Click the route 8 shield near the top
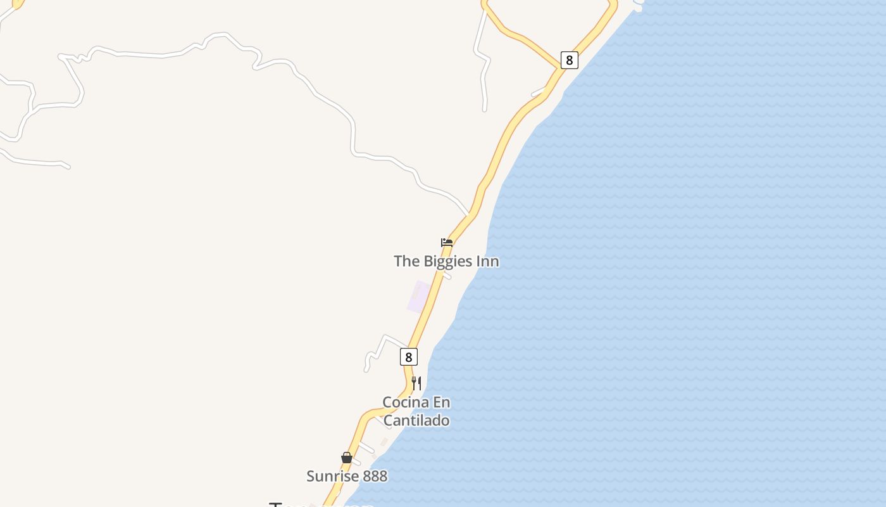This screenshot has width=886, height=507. click(569, 60)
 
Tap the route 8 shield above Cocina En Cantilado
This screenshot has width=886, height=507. click(409, 357)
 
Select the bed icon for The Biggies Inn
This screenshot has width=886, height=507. click(447, 242)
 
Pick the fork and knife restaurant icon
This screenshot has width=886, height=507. click(416, 383)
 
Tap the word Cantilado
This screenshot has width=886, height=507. click(416, 420)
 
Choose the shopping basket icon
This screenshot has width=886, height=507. click(346, 458)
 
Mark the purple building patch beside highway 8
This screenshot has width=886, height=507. click(418, 297)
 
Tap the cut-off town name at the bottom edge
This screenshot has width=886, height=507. click(320, 504)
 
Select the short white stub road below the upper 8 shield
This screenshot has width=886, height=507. click(539, 93)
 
